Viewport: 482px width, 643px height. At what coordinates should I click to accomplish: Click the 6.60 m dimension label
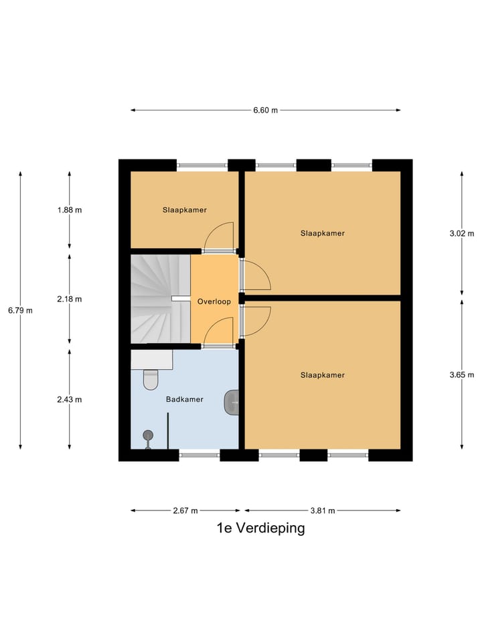pyautogui.click(x=265, y=111)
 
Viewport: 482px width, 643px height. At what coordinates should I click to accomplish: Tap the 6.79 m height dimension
pyautogui.click(x=20, y=310)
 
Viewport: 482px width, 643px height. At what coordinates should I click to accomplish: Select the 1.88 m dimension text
pyautogui.click(x=70, y=210)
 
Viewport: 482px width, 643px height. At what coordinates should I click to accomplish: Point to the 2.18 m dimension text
pyautogui.click(x=70, y=299)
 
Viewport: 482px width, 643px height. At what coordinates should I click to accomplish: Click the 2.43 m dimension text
pyautogui.click(x=70, y=400)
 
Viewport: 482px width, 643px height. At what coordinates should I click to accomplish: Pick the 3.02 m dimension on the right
pyautogui.click(x=462, y=234)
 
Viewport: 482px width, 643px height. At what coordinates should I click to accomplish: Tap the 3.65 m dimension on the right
pyautogui.click(x=462, y=374)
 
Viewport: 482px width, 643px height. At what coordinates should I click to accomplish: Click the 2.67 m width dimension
pyautogui.click(x=185, y=510)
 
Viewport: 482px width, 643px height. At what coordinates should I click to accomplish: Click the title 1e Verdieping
pyautogui.click(x=260, y=528)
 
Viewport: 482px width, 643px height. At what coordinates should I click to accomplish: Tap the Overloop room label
pyautogui.click(x=214, y=302)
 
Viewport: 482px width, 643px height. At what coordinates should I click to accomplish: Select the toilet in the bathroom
pyautogui.click(x=151, y=380)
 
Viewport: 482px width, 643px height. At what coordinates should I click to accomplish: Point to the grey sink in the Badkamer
pyautogui.click(x=233, y=402)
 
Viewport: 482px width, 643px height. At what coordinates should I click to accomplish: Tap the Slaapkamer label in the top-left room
pyautogui.click(x=184, y=210)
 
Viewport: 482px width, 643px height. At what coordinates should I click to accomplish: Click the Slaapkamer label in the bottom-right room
pyautogui.click(x=322, y=375)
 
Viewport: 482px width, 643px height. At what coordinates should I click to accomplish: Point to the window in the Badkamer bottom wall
pyautogui.click(x=199, y=455)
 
